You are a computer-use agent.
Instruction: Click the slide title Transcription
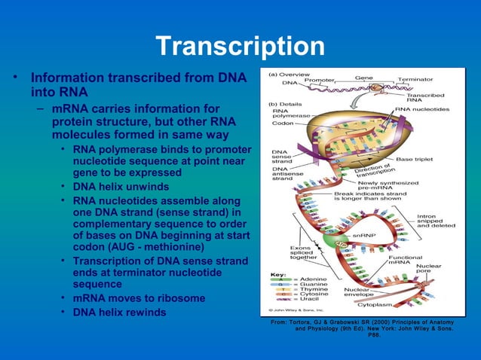pos(240,47)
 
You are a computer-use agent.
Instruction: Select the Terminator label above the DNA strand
pos(415,79)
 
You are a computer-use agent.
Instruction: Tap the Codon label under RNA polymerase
pos(283,124)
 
